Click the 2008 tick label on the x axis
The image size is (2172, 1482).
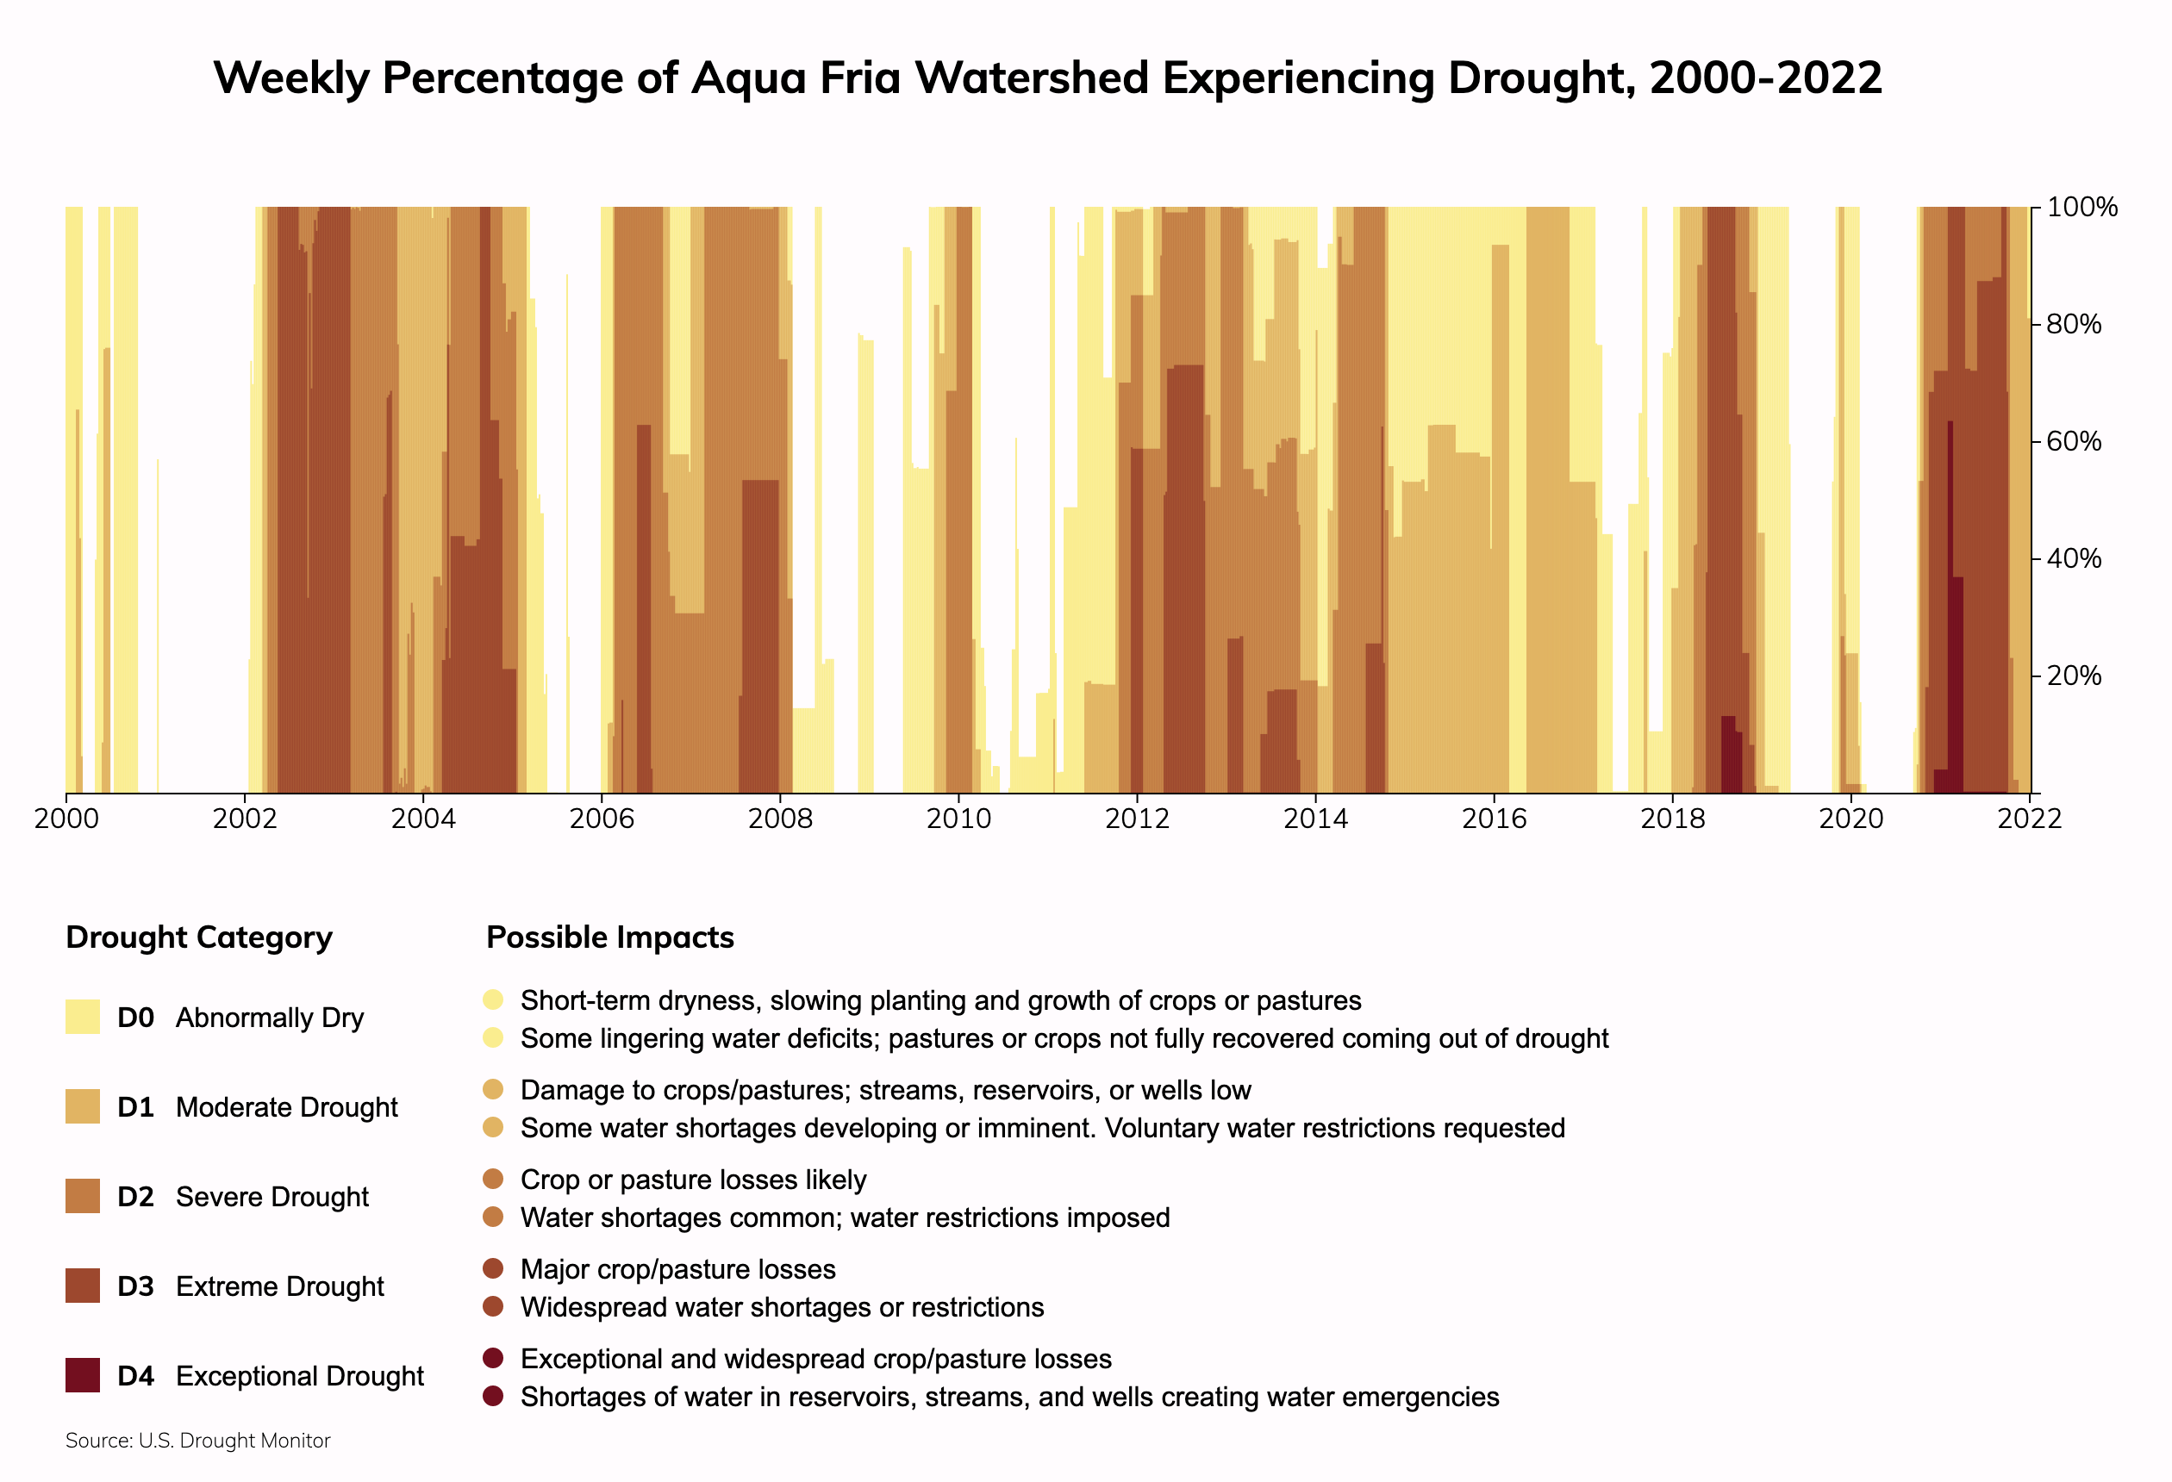[780, 819]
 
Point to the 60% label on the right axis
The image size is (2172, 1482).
[2074, 441]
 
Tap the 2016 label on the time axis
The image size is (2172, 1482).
[1495, 819]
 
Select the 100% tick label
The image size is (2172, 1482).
[2081, 207]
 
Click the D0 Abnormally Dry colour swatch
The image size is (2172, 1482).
[82, 1017]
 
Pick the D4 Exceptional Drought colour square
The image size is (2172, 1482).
[82, 1375]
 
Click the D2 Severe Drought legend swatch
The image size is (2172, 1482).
[82, 1196]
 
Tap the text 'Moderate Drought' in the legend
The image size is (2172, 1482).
[286, 1107]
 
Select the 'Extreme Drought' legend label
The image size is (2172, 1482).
[279, 1286]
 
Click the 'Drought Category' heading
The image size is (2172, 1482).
[199, 937]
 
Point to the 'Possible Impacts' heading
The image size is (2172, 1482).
[610, 937]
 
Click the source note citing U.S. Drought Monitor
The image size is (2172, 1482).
[198, 1441]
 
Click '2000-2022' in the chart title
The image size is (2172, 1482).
[1765, 78]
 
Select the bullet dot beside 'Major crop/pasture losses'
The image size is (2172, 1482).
[494, 1269]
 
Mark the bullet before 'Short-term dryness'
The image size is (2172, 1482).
[494, 1000]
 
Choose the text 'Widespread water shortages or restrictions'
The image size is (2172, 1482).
[782, 1307]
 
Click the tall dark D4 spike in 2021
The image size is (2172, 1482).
[1950, 561]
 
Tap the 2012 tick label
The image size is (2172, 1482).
[1138, 819]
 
